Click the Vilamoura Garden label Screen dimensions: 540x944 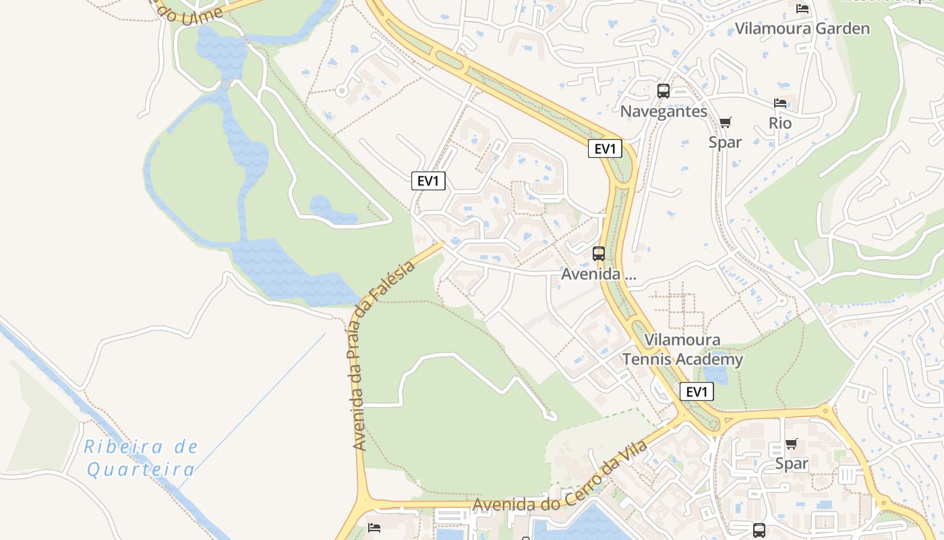[x=802, y=28]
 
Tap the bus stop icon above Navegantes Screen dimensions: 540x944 [x=663, y=91]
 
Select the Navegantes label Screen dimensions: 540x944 [x=663, y=111]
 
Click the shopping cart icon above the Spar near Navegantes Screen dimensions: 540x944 [x=725, y=122]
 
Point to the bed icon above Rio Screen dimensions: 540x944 [x=780, y=103]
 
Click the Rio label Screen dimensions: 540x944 [x=780, y=124]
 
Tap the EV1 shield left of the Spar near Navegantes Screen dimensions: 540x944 [x=605, y=148]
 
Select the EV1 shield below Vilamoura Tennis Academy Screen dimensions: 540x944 [x=697, y=391]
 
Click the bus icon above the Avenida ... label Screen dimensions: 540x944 [x=599, y=254]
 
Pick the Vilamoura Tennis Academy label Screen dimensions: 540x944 [x=682, y=350]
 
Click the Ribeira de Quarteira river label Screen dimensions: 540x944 [x=142, y=458]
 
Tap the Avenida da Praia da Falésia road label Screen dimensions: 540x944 [x=382, y=356]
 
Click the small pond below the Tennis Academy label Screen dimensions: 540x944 [x=715, y=373]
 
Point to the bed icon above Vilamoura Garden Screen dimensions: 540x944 [x=802, y=8]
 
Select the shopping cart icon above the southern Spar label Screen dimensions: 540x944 [x=791, y=443]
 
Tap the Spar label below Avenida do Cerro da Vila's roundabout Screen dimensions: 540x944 [x=791, y=464]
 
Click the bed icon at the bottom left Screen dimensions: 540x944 [x=374, y=527]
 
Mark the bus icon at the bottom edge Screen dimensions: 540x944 [x=759, y=530]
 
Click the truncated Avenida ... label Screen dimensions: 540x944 [x=599, y=275]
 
